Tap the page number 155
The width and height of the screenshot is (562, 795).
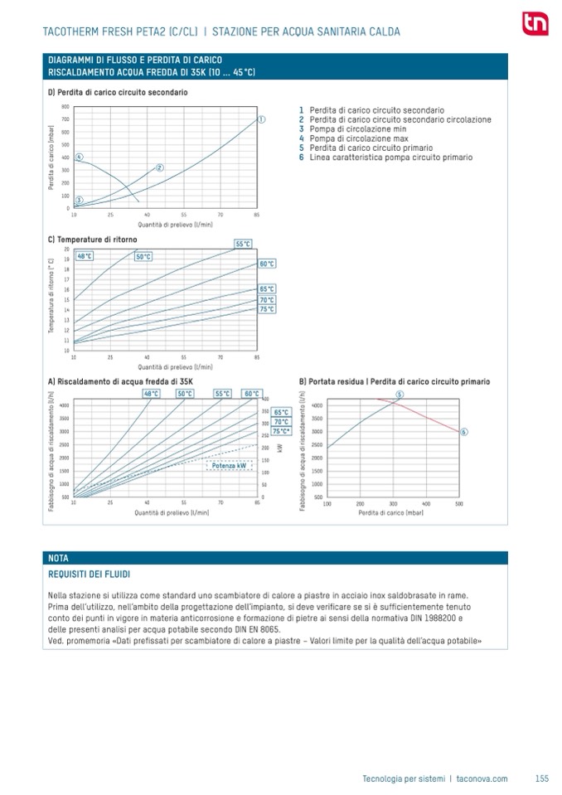[542, 778]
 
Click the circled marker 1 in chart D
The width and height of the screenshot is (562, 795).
[262, 119]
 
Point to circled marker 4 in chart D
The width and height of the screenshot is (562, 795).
[79, 156]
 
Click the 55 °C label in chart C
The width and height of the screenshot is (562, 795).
[243, 244]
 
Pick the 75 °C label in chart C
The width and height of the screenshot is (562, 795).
[267, 309]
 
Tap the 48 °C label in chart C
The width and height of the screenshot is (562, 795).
[85, 256]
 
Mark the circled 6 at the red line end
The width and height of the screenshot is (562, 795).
[463, 432]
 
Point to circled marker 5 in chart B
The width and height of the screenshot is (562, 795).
[400, 394]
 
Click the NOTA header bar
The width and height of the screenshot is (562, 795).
[274, 558]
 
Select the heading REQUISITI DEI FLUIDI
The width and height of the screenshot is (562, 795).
[90, 574]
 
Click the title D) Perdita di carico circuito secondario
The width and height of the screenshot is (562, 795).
[118, 91]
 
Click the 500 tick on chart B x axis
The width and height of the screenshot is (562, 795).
[458, 503]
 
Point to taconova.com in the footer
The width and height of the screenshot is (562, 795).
[482, 778]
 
